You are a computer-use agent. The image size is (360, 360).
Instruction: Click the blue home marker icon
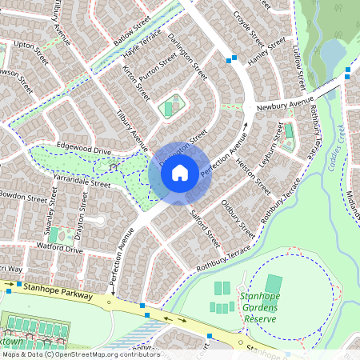click(180, 172)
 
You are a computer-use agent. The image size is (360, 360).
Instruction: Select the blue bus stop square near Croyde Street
click(232, 58)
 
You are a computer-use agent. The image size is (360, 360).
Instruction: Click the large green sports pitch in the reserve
click(274, 284)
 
